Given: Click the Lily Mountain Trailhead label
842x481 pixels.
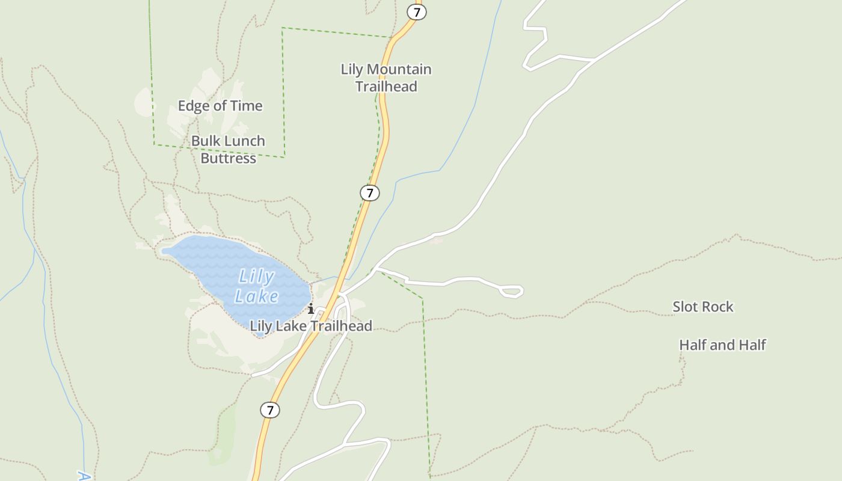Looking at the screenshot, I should click(386, 78).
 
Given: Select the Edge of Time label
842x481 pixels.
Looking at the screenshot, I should click(220, 106).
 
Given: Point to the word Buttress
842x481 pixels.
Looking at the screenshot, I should click(228, 158).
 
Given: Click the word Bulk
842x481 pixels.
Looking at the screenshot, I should click(204, 141).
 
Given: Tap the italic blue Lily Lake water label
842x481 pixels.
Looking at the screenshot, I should click(257, 286).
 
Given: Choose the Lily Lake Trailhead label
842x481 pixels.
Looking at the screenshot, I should click(311, 326).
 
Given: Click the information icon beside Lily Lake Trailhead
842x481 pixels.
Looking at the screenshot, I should click(311, 310).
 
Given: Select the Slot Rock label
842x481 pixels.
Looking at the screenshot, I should click(702, 307).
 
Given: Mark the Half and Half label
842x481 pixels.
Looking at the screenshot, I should click(722, 345).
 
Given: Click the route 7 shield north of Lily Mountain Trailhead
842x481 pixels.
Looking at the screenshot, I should click(417, 11).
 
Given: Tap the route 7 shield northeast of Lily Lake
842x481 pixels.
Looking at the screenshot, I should click(370, 193).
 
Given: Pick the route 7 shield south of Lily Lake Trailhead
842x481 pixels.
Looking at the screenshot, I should click(270, 410).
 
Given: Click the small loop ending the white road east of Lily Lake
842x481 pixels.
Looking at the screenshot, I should click(512, 291).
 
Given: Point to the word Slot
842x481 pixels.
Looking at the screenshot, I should click(685, 307).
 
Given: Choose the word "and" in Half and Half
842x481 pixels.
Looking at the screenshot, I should click(722, 345).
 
